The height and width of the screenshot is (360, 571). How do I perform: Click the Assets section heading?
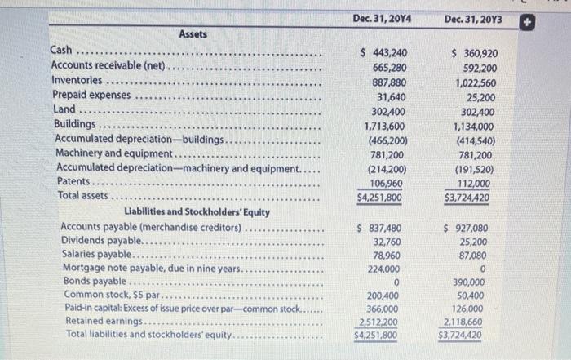pos(193,34)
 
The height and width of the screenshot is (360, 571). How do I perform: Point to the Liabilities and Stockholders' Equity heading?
pos(193,212)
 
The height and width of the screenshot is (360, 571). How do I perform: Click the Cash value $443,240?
pos(383,53)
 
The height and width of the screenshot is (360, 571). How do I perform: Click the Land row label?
pos(64,110)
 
